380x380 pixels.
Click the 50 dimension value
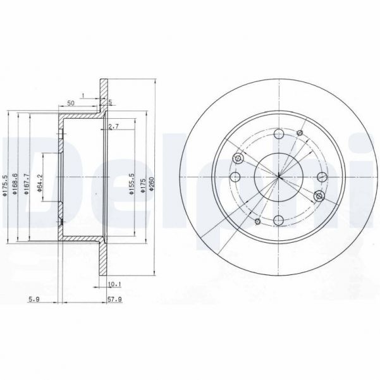pos(71,102)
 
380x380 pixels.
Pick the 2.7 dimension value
pos(113,127)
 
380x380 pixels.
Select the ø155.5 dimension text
pos(131,184)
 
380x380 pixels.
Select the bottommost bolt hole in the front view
pos(278,221)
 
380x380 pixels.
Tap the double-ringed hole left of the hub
pos(238,159)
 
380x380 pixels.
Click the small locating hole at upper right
pos(300,132)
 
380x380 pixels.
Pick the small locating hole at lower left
pos(257,222)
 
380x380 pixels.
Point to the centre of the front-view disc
pos(278,178)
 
